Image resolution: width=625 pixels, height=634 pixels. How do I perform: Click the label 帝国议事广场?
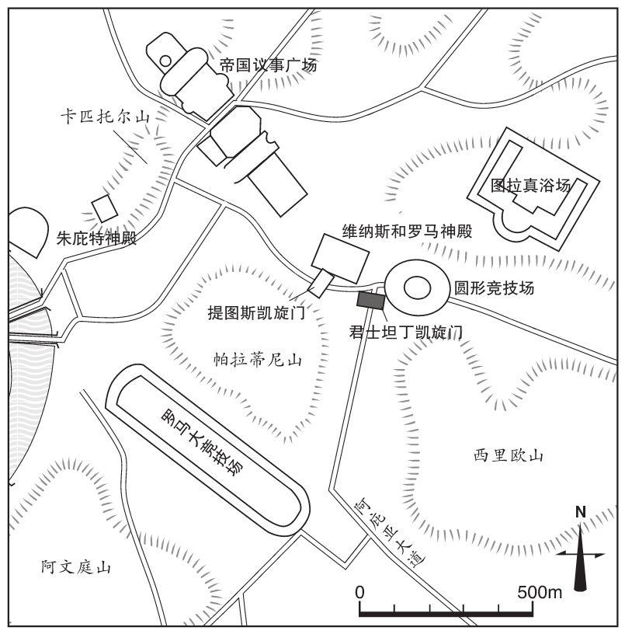[269, 65]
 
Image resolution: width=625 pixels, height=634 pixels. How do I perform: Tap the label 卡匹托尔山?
[105, 117]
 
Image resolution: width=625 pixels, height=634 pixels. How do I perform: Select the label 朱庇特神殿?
[96, 239]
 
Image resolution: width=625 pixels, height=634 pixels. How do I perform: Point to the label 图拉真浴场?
[531, 186]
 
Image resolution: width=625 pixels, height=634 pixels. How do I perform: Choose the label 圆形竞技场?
[494, 288]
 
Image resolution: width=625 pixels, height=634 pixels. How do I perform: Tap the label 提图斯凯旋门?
[256, 312]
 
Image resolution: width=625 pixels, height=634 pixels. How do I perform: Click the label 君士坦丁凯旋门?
[405, 333]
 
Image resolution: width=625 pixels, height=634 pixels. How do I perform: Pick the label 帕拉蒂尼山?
[258, 360]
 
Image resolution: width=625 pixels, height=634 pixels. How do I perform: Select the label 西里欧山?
[509, 456]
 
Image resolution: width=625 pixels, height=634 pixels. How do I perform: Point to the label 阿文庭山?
[75, 567]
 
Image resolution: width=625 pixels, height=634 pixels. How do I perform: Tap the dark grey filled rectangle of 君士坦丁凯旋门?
[370, 301]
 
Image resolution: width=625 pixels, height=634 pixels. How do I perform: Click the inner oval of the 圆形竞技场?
[418, 288]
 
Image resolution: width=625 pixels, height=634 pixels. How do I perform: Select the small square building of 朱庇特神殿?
[105, 209]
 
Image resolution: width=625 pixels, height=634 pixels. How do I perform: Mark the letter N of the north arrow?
[581, 512]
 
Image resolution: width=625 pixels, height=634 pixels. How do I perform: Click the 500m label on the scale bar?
[540, 592]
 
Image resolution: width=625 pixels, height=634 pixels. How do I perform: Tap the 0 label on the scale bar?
[359, 592]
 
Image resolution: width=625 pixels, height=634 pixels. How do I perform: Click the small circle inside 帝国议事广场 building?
[165, 61]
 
